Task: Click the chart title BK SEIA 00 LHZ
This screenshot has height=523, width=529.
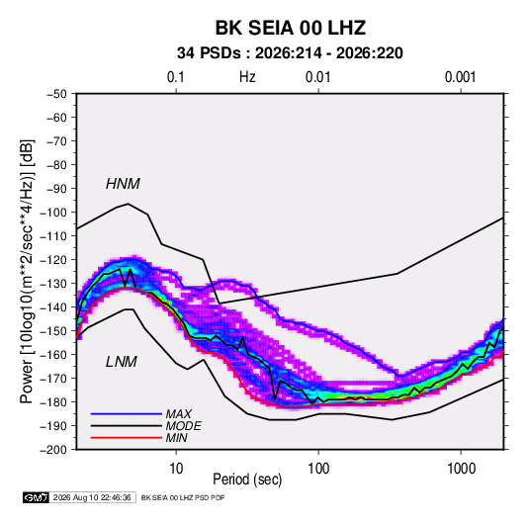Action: coord(291,28)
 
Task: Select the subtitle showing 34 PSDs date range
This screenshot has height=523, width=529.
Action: coord(290,53)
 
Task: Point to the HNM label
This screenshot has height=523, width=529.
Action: coord(123,184)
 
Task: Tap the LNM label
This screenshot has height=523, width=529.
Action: coord(122,362)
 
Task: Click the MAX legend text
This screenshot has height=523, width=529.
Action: coord(179,413)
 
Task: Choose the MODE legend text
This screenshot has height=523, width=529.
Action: coord(184,426)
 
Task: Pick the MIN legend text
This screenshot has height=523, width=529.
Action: coord(177,438)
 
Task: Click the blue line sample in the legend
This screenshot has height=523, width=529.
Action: coord(127,414)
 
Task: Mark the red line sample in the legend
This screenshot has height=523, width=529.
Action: coord(127,438)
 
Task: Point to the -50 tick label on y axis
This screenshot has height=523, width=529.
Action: coord(56,94)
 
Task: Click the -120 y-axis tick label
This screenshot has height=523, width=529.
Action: coord(53,260)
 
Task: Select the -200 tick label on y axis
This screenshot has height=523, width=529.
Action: coord(53,450)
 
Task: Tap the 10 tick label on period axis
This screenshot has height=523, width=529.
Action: coord(176,469)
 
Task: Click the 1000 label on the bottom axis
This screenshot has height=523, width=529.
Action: coord(461,469)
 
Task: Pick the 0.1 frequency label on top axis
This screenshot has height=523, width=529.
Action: coord(176,77)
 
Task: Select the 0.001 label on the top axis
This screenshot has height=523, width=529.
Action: coord(460,77)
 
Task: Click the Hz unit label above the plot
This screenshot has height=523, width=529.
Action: coord(247,77)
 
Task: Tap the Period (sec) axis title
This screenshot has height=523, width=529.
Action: coord(247,479)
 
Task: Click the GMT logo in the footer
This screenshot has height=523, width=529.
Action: coord(37,497)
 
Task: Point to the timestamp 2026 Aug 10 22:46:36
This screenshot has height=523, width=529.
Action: coord(92,497)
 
